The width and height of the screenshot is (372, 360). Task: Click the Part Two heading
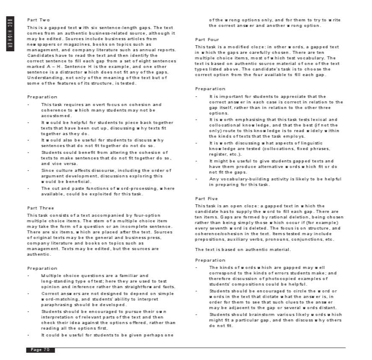point(38,20)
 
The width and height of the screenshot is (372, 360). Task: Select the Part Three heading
point(41,208)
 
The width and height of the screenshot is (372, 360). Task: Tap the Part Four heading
point(207,40)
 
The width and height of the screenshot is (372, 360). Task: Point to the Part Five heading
point(207,199)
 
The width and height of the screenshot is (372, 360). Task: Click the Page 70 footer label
point(40,350)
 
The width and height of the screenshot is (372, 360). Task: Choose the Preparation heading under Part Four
point(210,89)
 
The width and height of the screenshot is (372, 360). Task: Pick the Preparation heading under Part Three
point(42,269)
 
